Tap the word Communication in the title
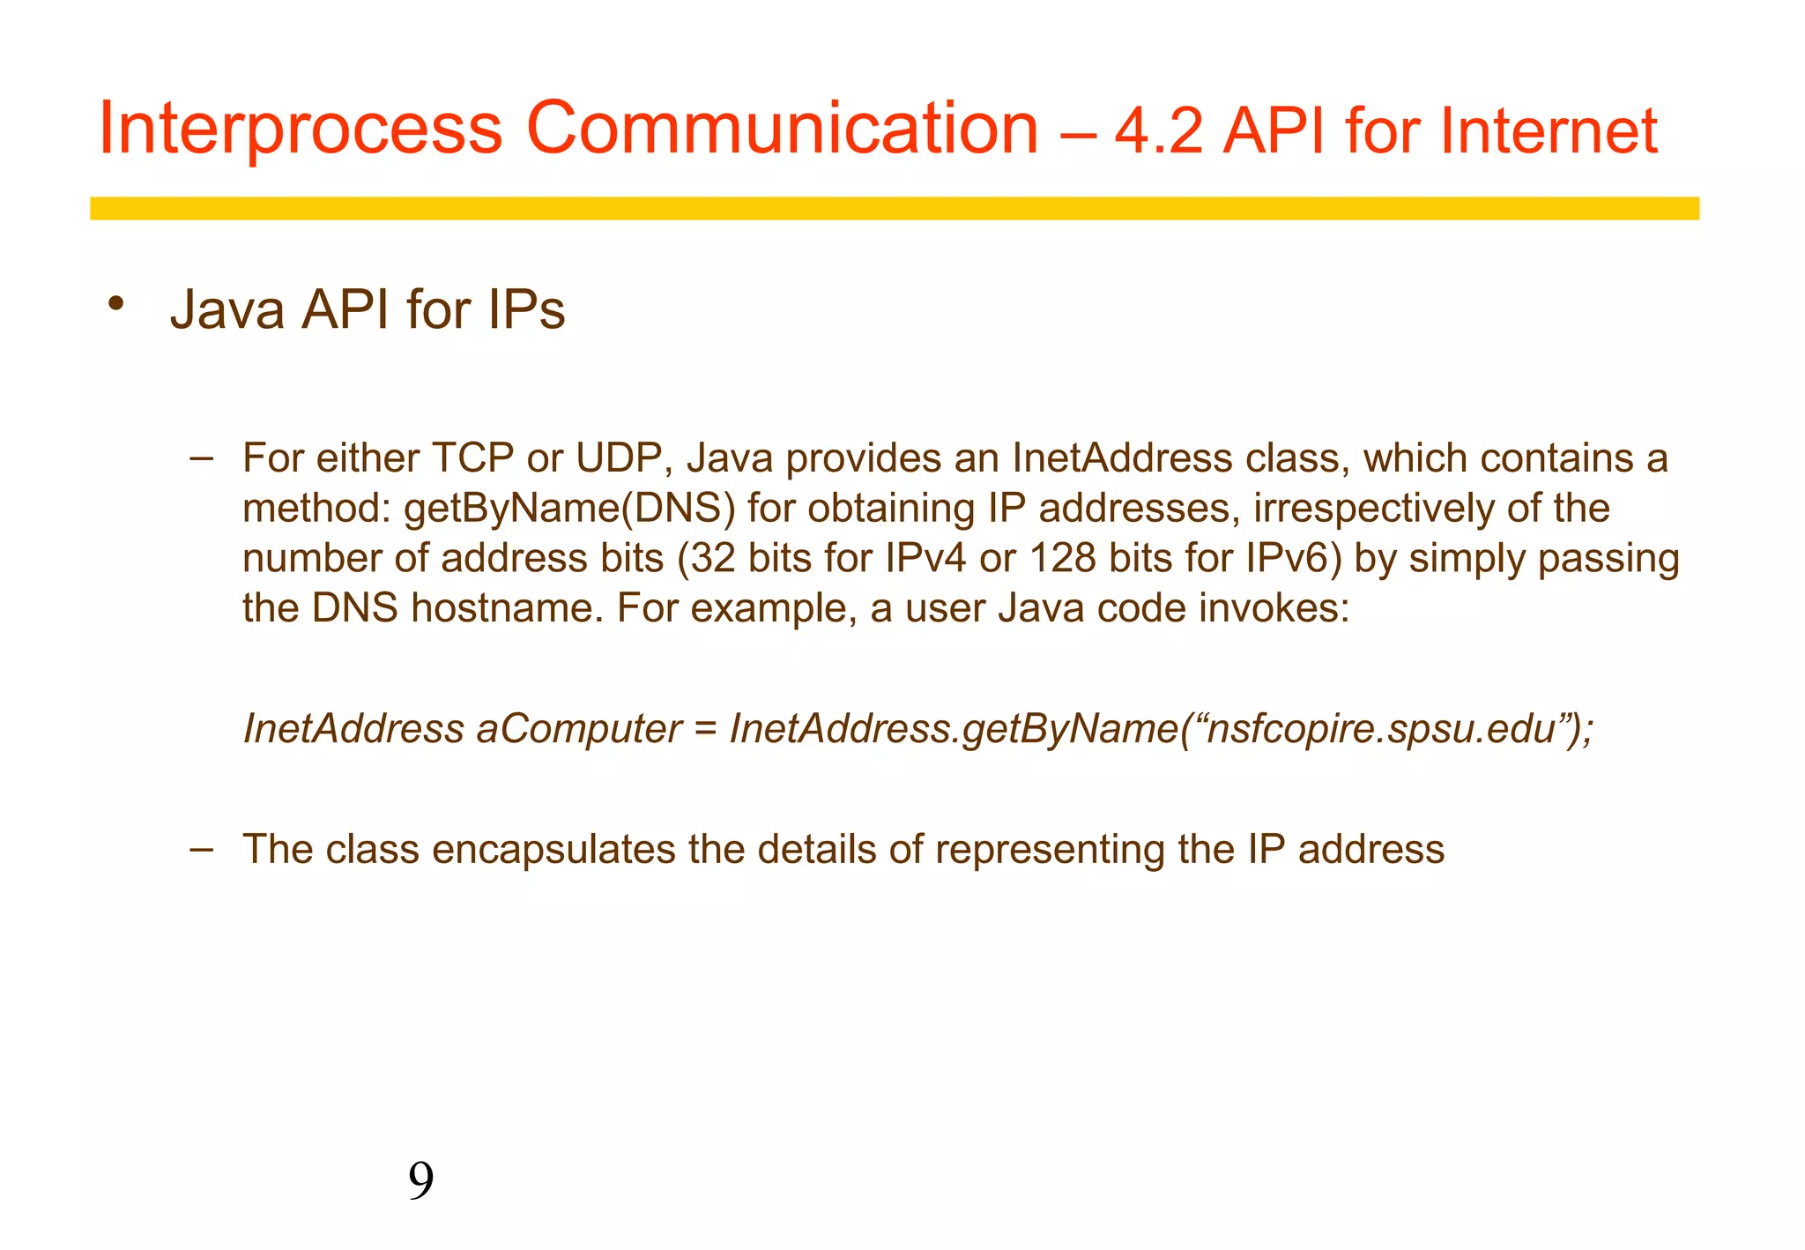click(x=782, y=129)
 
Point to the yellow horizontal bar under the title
click(x=894, y=208)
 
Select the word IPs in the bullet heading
click(x=525, y=310)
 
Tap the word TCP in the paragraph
click(x=472, y=458)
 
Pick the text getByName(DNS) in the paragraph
click(x=569, y=510)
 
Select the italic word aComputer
click(x=578, y=729)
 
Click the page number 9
click(x=421, y=1181)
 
